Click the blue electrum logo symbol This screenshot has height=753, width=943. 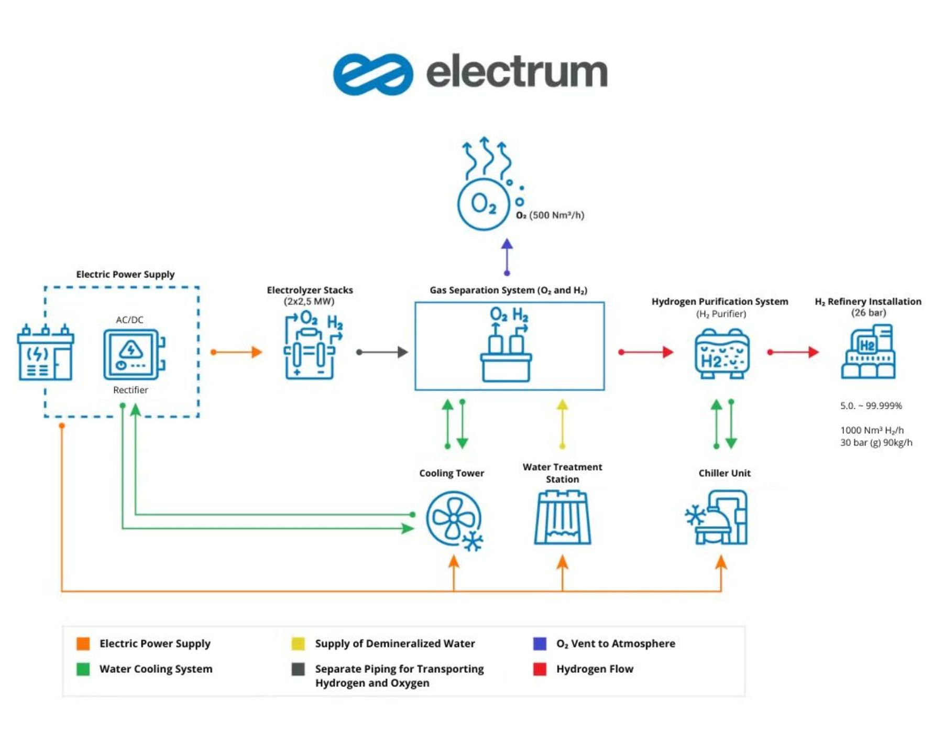point(372,74)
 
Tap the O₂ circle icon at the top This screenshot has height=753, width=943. point(483,204)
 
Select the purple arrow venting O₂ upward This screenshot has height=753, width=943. point(507,257)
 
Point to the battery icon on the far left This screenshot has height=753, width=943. point(45,352)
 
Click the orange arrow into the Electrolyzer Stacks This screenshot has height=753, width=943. point(236,352)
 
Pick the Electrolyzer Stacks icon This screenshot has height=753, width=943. point(311,346)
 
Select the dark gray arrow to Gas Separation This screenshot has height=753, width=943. point(382,352)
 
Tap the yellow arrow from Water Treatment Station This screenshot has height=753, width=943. point(562,424)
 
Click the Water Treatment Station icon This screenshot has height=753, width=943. point(562,518)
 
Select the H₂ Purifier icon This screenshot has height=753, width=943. point(722,354)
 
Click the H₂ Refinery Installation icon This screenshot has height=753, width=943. point(868,352)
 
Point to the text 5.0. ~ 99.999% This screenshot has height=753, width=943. point(871,406)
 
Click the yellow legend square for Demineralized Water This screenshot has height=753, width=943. point(298,643)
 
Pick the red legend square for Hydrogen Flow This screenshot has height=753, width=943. point(540,669)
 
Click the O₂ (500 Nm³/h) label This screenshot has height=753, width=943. point(550,215)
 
